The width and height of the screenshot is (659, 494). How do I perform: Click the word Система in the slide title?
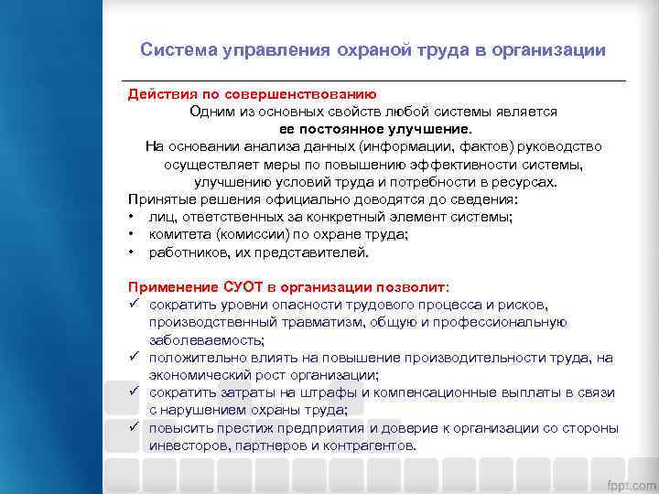178,50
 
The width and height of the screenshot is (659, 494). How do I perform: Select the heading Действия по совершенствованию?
252,94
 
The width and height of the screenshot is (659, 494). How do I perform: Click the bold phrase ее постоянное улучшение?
376,128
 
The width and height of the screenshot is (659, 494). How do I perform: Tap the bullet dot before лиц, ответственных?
133,217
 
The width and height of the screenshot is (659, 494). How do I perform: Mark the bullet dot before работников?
133,252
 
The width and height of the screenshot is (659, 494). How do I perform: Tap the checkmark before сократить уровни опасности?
134,304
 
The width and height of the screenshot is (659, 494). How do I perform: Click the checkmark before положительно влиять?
134,357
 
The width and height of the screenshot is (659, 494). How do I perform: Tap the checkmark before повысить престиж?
134,427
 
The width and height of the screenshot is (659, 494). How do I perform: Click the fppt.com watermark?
629,482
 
